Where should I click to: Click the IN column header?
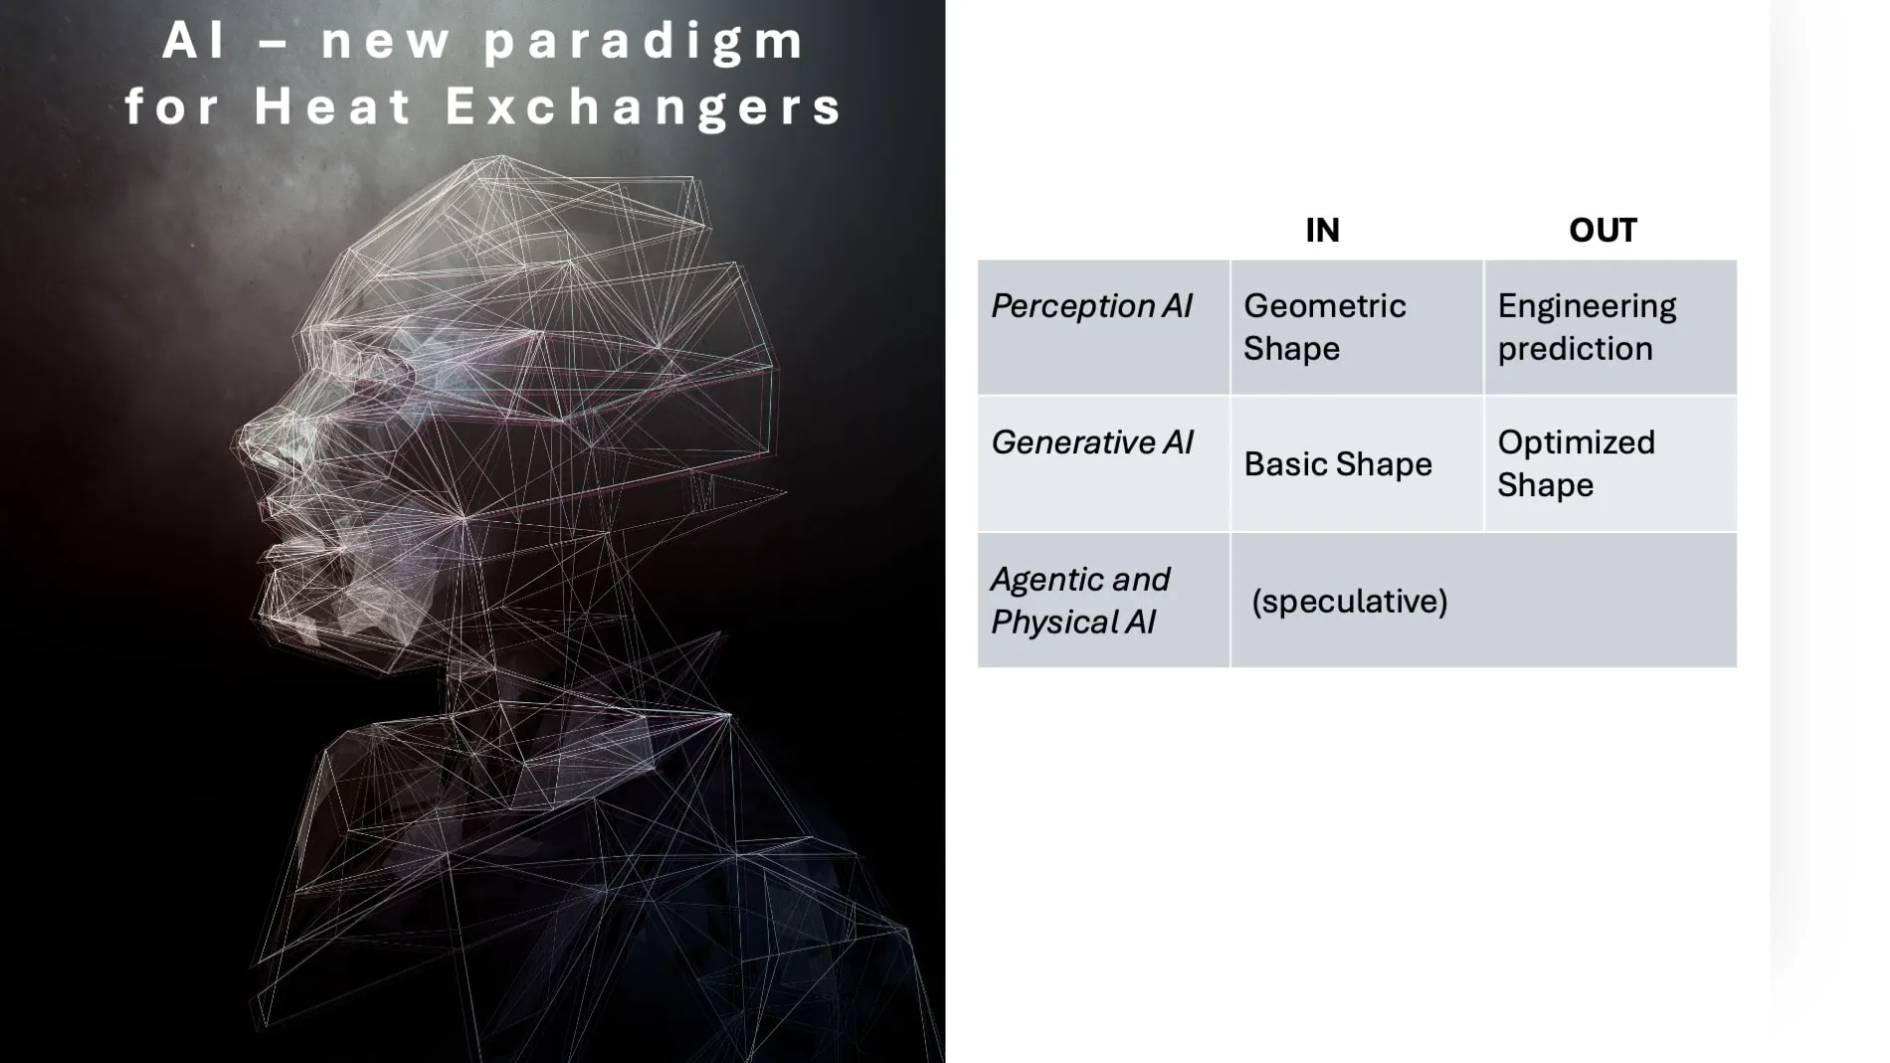[x=1322, y=231]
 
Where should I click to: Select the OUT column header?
[x=1602, y=231]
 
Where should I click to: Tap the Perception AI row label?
[x=1091, y=306]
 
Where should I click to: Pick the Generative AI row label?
[x=1091, y=443]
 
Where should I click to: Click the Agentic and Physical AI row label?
[x=1079, y=601]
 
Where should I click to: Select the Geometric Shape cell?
[x=1324, y=327]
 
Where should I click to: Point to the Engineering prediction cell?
[x=1587, y=327]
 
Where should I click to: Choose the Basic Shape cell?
[x=1337, y=464]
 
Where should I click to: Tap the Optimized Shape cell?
[x=1576, y=463]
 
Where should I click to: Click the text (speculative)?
[x=1349, y=602]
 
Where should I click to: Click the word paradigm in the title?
[x=645, y=42]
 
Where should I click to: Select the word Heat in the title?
[x=332, y=106]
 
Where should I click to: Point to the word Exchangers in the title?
[x=645, y=106]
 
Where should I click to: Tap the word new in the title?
[x=386, y=42]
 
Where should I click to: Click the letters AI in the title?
[x=195, y=42]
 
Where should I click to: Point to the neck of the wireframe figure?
[x=517, y=646]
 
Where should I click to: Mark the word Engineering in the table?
[x=1587, y=306]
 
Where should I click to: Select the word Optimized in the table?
[x=1576, y=443]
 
